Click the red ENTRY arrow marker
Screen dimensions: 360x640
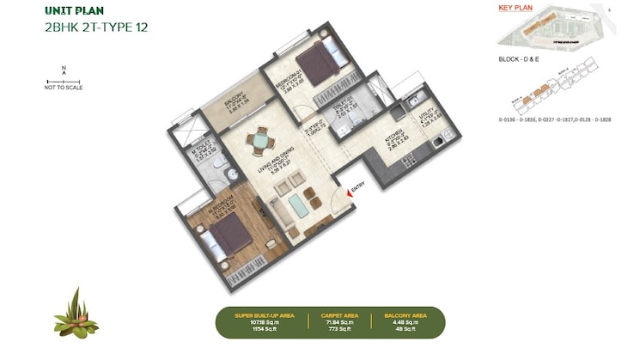tap(347, 194)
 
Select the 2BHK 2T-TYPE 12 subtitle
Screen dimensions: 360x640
tap(95, 27)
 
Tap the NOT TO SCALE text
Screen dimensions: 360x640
tap(63, 88)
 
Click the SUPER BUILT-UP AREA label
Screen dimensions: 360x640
tap(265, 315)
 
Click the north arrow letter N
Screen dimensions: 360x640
tap(64, 68)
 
